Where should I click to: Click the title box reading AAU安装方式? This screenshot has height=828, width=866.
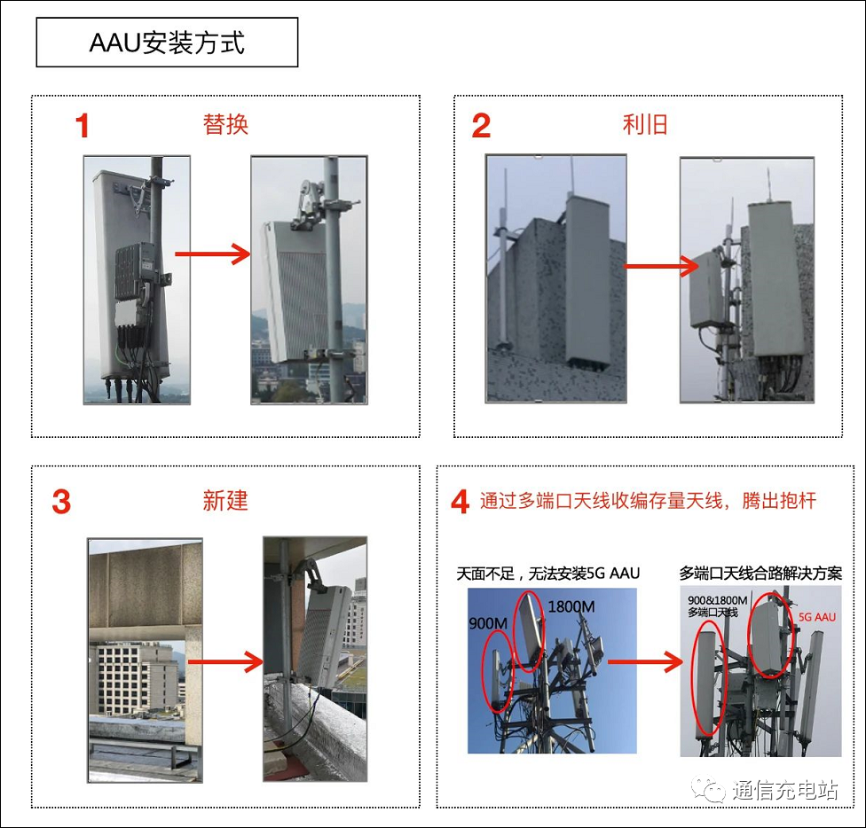(167, 43)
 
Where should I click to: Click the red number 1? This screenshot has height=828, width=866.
(83, 127)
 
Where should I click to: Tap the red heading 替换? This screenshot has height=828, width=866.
(225, 125)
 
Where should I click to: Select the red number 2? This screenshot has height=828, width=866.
(481, 127)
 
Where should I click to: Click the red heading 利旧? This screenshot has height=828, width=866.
(645, 125)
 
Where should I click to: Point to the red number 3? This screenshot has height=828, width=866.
(61, 503)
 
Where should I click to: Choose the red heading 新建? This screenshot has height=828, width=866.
(225, 501)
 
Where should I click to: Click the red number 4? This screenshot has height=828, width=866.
(460, 503)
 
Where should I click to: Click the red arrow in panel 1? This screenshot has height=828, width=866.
(213, 254)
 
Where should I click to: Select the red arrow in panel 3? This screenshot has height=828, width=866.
(226, 661)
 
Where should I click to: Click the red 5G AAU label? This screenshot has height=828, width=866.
(817, 616)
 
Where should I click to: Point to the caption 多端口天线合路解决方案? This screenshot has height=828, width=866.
(760, 574)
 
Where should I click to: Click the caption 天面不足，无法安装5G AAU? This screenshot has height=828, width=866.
(547, 574)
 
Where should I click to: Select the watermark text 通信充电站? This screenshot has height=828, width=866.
(784, 790)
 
